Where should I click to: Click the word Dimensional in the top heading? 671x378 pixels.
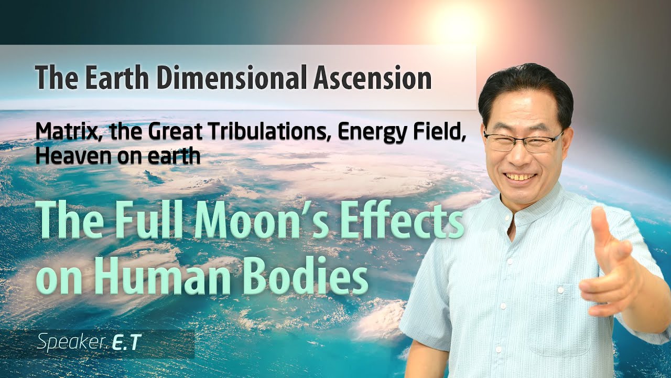coord(230,78)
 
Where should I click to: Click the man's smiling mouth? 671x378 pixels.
coord(521,177)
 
